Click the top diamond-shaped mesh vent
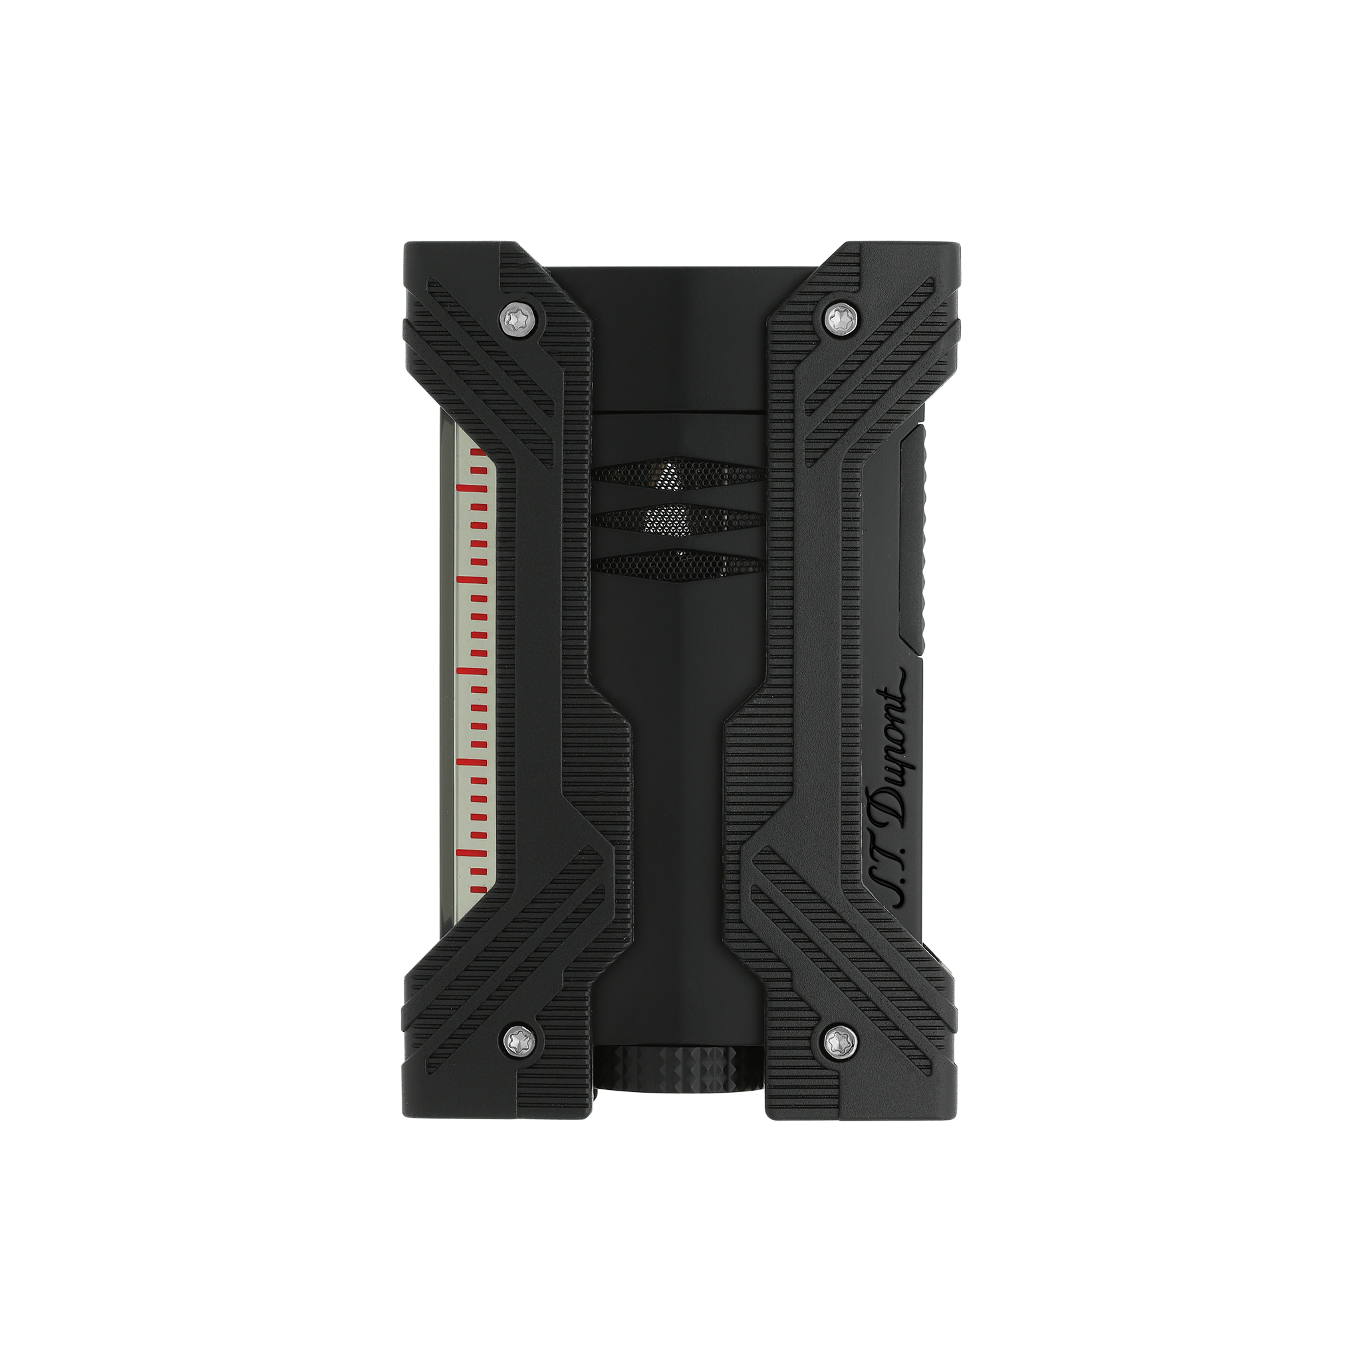click(x=678, y=477)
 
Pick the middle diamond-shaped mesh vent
click(x=678, y=521)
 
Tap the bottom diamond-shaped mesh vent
click(x=678, y=565)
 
